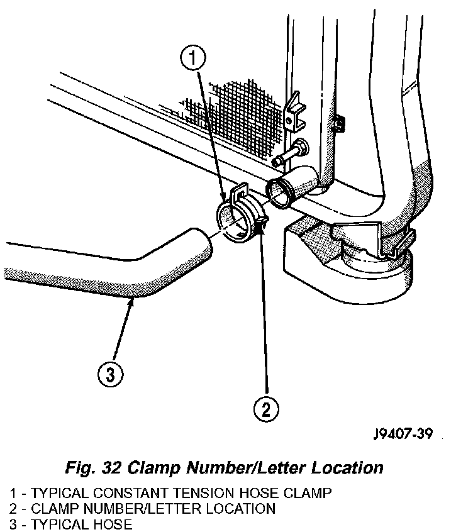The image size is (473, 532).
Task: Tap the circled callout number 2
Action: [265, 410]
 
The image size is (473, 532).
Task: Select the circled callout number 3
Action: [109, 375]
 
